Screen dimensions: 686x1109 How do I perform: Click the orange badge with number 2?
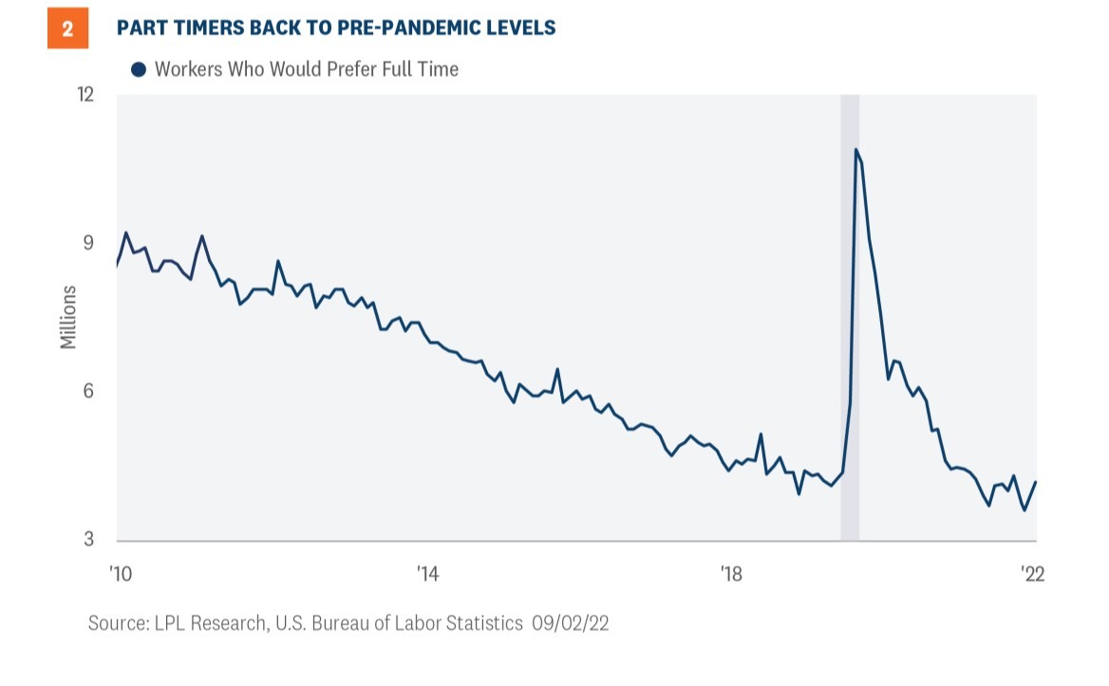tap(67, 28)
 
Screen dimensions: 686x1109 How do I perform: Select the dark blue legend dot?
tap(139, 69)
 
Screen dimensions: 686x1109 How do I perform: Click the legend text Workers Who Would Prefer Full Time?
tap(306, 69)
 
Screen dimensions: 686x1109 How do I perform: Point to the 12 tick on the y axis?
tap(86, 95)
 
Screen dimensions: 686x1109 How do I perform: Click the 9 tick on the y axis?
tap(91, 243)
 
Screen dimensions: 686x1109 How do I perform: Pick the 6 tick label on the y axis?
tap(91, 392)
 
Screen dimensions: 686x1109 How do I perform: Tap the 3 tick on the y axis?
tap(91, 540)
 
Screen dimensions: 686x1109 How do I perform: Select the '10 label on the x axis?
tap(121, 574)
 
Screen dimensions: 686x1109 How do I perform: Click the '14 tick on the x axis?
tap(428, 574)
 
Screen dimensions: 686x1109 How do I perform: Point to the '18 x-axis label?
tap(730, 574)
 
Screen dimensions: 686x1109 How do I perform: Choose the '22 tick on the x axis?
tap(1032, 574)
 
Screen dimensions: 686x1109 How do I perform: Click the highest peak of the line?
tap(855, 149)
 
